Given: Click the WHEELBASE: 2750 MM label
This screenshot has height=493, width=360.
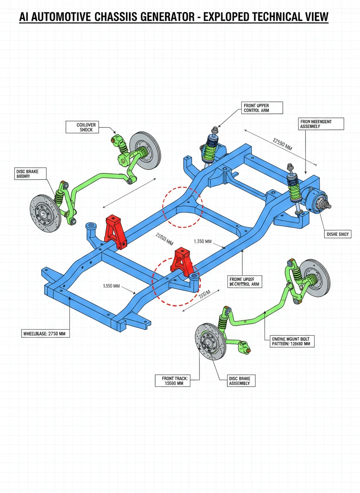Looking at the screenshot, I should point(45,333).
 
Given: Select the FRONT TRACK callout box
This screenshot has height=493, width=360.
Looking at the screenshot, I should point(175,381).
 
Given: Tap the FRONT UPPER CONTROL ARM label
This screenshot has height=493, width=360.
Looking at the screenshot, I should point(262,108).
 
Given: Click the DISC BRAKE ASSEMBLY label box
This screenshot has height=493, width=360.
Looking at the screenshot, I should point(239,381).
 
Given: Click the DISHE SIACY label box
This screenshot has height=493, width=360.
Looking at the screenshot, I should point(338,234).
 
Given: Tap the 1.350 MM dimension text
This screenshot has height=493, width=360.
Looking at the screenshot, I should point(203,242).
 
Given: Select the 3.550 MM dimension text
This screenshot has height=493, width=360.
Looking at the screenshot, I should point(111,286).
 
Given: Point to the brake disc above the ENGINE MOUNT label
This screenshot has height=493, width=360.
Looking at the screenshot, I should point(315,275).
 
